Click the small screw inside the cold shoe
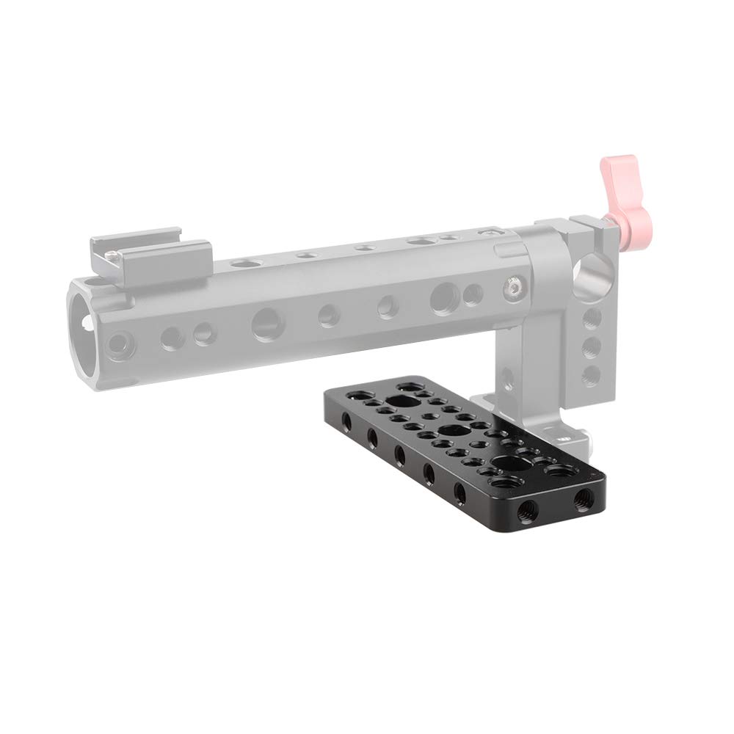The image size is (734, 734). [x=112, y=254]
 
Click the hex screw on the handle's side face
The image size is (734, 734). [x=512, y=288]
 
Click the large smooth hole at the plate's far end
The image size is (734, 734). [x=401, y=401]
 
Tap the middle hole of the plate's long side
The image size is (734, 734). [x=400, y=454]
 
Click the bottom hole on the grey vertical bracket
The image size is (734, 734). [x=591, y=374]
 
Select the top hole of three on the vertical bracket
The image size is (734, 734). [x=592, y=318]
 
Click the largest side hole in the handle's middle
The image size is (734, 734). [x=265, y=323]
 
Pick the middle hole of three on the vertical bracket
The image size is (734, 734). [x=592, y=346]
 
